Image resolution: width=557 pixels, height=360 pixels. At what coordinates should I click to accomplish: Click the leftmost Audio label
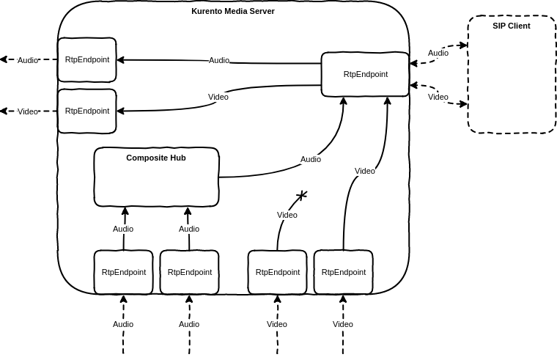click(x=28, y=61)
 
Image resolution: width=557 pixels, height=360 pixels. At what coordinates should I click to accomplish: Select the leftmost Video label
click(x=28, y=112)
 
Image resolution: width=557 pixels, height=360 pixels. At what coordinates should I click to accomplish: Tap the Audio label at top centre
click(x=219, y=61)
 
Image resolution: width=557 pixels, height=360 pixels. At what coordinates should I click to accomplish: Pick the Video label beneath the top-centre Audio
click(x=218, y=98)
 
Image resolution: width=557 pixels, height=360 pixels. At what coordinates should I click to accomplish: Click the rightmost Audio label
click(x=438, y=54)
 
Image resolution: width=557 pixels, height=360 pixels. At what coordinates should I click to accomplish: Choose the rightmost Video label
click(x=438, y=98)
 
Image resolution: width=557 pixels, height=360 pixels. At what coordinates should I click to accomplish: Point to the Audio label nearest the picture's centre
click(x=311, y=160)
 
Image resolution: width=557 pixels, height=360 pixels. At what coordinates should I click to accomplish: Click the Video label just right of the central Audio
click(x=365, y=172)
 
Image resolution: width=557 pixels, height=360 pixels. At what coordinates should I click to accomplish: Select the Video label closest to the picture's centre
click(x=287, y=216)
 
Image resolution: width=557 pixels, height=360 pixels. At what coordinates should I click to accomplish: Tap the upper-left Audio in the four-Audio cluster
click(x=123, y=229)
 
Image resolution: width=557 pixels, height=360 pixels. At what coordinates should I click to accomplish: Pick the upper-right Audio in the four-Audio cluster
click(x=189, y=229)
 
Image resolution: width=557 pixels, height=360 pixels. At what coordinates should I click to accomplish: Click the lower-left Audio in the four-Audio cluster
click(x=123, y=325)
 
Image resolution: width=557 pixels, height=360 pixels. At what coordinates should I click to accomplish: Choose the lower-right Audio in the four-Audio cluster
click(x=189, y=325)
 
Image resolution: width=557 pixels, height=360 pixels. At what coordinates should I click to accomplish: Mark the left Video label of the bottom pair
click(x=277, y=325)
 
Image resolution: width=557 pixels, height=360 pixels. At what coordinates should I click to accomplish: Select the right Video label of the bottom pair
click(x=343, y=325)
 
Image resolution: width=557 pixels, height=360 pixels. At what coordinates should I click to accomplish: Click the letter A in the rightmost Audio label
click(x=431, y=54)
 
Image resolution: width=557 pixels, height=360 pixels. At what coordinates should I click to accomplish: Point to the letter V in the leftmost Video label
click(x=21, y=112)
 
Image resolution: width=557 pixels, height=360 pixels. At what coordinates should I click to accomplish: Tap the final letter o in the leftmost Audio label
click(x=36, y=61)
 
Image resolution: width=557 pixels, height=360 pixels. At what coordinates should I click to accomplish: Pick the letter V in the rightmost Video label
click(x=431, y=98)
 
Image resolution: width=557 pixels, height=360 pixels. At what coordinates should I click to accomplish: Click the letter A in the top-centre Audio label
click(x=212, y=61)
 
